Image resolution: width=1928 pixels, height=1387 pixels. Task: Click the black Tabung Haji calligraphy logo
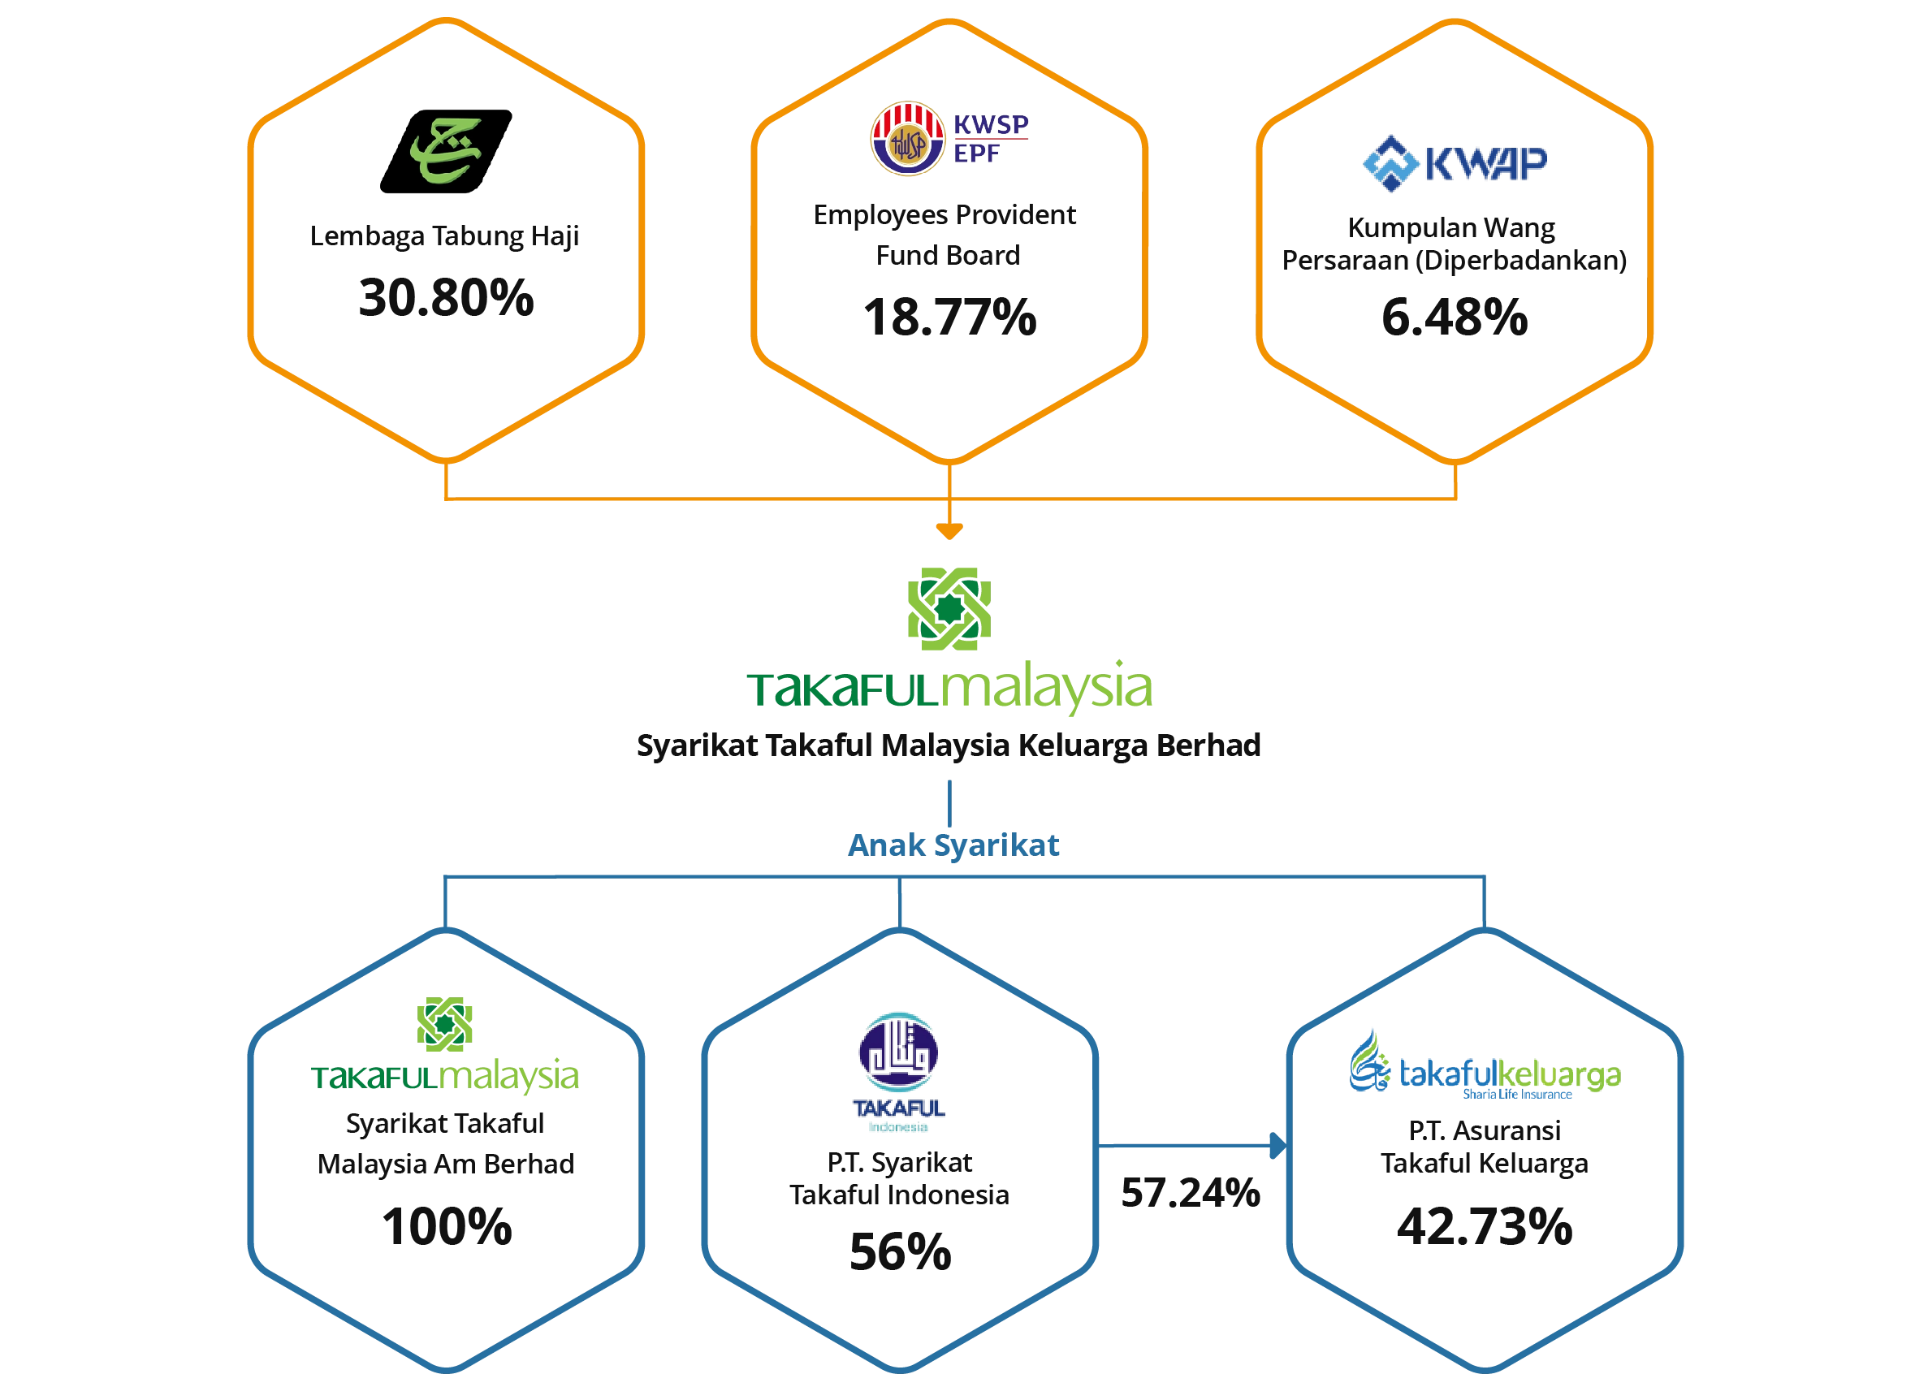[445, 149]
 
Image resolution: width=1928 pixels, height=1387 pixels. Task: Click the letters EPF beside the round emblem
[978, 153]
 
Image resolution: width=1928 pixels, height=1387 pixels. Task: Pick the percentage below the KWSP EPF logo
[950, 316]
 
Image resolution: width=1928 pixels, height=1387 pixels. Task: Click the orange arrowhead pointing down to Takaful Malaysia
[949, 531]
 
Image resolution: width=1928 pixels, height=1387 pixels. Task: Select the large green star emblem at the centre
[949, 610]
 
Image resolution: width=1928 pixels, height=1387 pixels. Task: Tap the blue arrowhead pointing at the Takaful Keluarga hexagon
[1277, 1147]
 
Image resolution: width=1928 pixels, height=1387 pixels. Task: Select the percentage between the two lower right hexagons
[1187, 1194]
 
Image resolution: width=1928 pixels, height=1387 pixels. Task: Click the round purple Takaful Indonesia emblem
[898, 1052]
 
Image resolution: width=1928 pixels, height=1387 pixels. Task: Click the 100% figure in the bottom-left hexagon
[445, 1225]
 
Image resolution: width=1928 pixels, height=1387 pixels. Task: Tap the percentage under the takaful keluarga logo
[1485, 1225]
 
